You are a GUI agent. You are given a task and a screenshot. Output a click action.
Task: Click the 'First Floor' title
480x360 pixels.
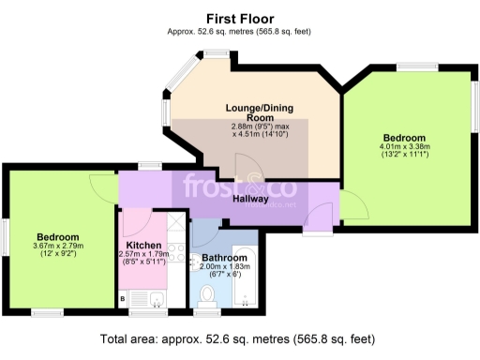pos(239,18)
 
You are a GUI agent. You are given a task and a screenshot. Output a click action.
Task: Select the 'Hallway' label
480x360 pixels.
pos(251,199)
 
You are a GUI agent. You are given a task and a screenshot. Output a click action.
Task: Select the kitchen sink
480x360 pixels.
pos(157,299)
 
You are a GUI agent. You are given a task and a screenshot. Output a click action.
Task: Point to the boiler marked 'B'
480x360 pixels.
pos(123,299)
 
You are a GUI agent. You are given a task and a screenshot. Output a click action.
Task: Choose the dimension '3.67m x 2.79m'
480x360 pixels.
pos(58,247)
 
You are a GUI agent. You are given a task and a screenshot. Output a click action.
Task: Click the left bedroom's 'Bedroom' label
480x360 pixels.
pos(58,237)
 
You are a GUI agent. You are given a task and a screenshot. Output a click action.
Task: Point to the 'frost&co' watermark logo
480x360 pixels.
pos(240,187)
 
